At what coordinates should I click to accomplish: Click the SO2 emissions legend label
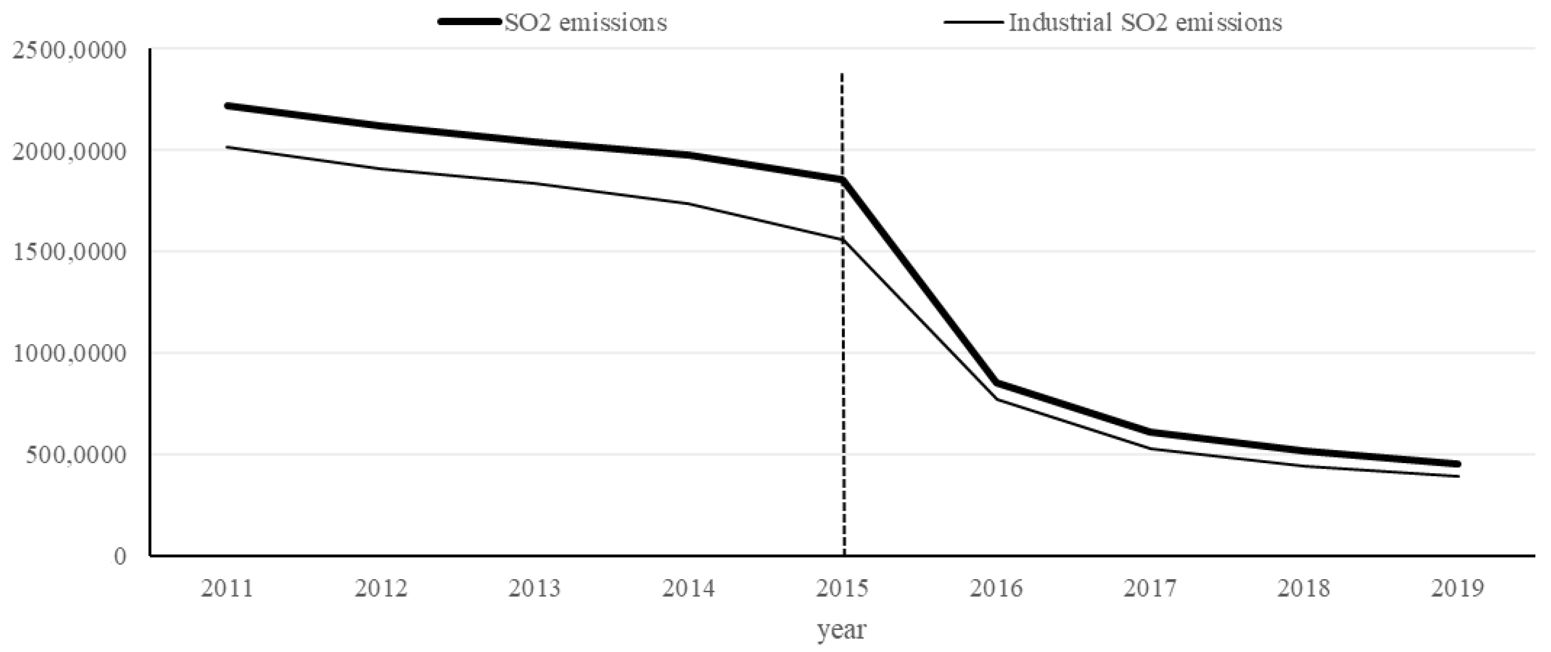coord(585,22)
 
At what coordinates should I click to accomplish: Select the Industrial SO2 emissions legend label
coord(1145,22)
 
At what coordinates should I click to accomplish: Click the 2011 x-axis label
coord(227,588)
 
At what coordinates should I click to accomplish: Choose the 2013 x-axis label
coord(535,588)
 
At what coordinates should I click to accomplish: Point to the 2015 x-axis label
coord(843,588)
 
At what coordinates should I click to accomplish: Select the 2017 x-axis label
coord(1150,588)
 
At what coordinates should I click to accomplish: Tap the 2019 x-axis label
coord(1458,588)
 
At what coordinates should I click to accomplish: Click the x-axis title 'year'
coord(842,630)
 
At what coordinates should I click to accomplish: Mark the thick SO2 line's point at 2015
coord(843,179)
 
